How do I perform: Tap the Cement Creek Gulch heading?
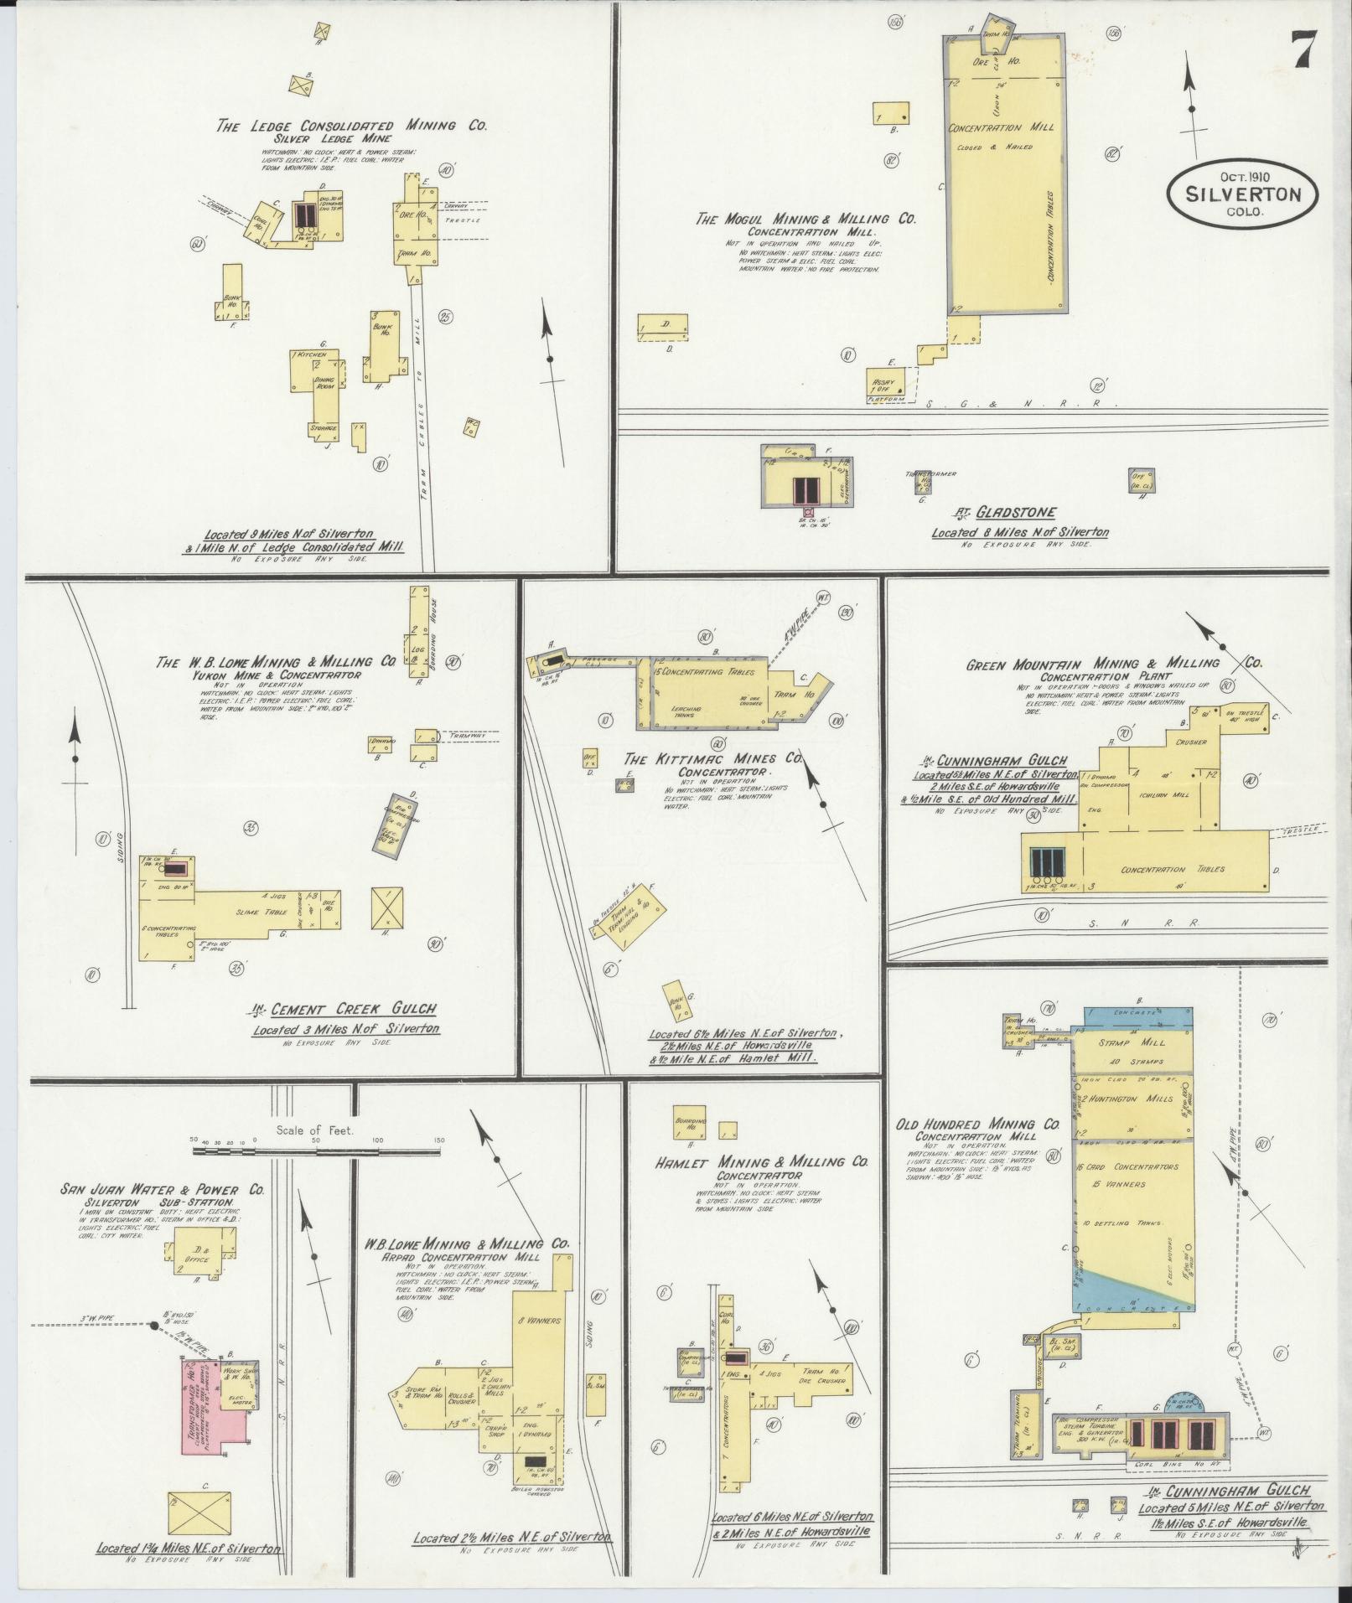pos(348,1010)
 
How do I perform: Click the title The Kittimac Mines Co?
pos(714,758)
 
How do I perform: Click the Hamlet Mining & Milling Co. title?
pos(761,1162)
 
